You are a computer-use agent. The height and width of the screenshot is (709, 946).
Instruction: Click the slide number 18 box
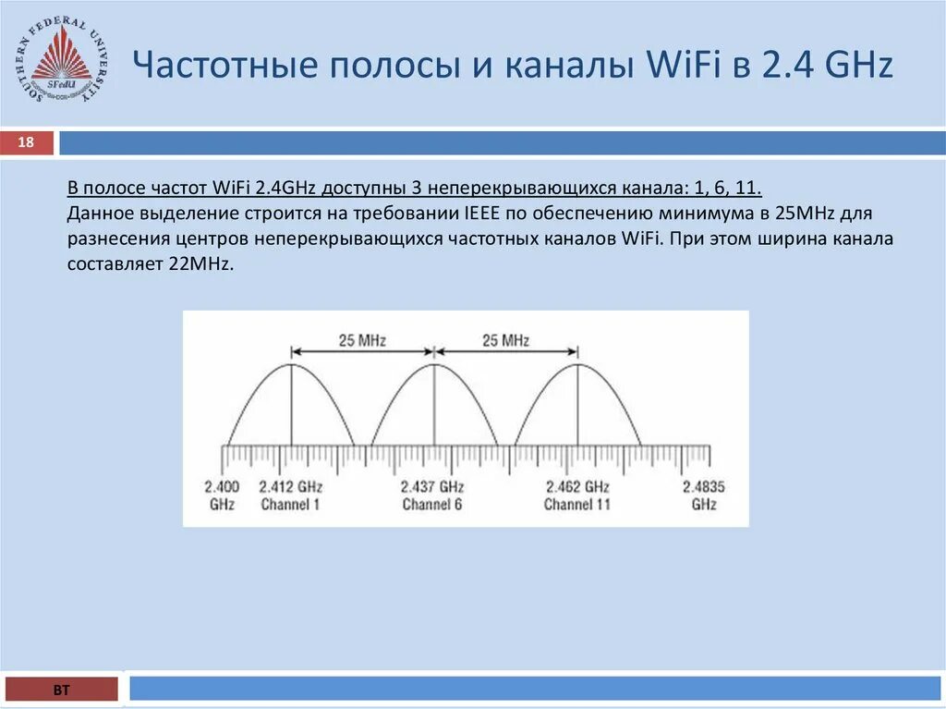[x=27, y=142]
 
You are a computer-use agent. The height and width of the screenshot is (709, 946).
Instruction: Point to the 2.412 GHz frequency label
[x=290, y=486]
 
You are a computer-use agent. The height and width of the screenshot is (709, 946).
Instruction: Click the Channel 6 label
[x=432, y=505]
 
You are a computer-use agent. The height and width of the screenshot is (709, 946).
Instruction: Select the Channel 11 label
[x=577, y=505]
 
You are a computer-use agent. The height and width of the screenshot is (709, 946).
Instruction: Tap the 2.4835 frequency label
[x=703, y=486]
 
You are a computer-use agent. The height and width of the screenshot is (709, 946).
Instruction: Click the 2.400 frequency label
[x=222, y=486]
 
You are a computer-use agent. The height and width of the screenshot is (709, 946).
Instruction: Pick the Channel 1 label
[x=290, y=505]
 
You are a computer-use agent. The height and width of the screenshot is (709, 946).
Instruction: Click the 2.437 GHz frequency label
[x=432, y=486]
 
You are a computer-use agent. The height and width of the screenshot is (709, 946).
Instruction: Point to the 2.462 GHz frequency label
[x=577, y=486]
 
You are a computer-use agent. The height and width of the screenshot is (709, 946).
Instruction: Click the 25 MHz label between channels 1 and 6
[x=362, y=340]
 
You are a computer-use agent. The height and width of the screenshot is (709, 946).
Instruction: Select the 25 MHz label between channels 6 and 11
[x=505, y=340]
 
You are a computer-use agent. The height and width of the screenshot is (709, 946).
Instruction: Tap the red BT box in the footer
[x=62, y=690]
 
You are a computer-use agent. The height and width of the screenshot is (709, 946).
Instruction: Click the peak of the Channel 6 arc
[x=433, y=364]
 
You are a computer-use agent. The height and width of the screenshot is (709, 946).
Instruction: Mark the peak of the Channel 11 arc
[x=577, y=364]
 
